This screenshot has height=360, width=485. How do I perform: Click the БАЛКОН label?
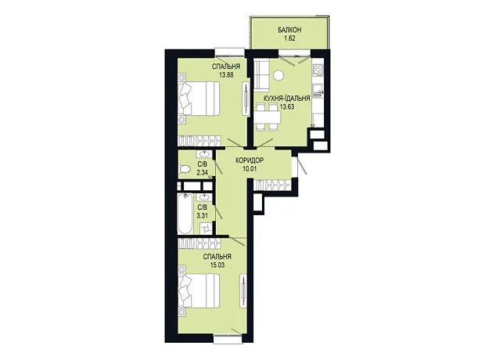tap(289, 30)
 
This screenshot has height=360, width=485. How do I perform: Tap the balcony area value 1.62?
tap(289, 38)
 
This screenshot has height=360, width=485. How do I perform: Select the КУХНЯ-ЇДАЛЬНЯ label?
tap(286, 99)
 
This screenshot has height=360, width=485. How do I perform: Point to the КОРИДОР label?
tap(250, 160)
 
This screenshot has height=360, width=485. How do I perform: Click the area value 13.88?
tap(226, 74)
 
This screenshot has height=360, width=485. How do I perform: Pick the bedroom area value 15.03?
tap(217, 265)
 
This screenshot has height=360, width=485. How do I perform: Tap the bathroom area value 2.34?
tap(203, 172)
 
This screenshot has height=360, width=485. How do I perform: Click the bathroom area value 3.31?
tap(203, 215)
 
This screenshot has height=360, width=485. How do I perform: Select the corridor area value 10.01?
tap(250, 169)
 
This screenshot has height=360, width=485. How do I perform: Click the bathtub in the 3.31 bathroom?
tap(185, 214)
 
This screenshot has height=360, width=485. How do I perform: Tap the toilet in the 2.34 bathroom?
tap(185, 169)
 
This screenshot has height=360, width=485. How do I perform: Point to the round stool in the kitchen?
tap(278, 75)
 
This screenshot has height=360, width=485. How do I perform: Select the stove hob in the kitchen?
tap(318, 70)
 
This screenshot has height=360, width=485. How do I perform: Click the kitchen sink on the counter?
tap(318, 90)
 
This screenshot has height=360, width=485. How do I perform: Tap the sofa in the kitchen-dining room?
tap(261, 74)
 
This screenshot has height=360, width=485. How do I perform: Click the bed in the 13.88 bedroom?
tap(199, 99)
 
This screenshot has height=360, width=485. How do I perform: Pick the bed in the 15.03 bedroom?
tap(199, 292)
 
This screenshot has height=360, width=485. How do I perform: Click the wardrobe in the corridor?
tap(272, 185)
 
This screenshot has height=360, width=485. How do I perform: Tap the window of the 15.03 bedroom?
tap(228, 339)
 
